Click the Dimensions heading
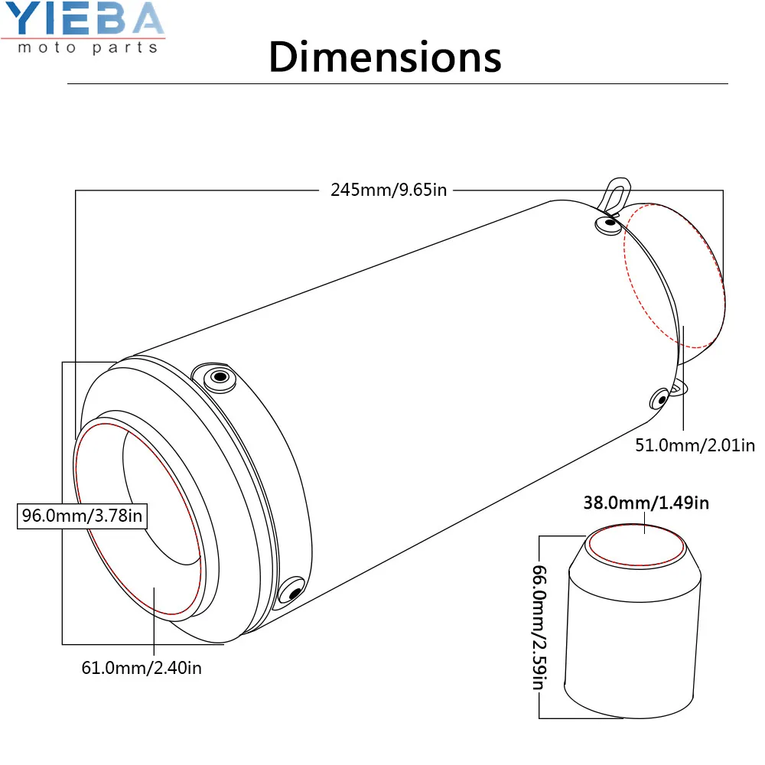(x=385, y=57)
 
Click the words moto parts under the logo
(x=88, y=47)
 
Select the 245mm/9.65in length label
(x=389, y=190)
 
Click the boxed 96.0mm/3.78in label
(x=82, y=516)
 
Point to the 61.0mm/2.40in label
(x=142, y=668)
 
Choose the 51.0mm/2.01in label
(x=695, y=445)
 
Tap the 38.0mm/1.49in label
(x=646, y=503)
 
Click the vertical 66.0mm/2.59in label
(x=539, y=627)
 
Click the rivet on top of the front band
(x=220, y=377)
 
